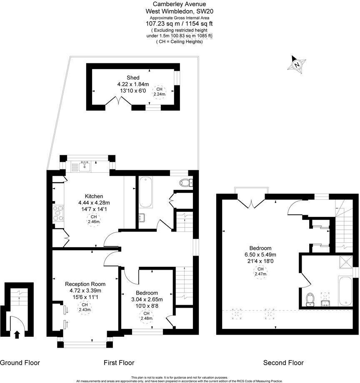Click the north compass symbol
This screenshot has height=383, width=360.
coord(297,65)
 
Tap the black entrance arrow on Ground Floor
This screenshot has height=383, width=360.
coord(17,333)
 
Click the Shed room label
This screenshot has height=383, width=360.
coord(133,77)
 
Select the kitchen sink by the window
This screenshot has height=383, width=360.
coord(85,167)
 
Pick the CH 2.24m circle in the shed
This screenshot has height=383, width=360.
coord(159,92)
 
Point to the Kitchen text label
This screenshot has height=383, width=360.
coord(94,196)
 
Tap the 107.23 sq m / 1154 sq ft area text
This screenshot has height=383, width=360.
coord(179,24)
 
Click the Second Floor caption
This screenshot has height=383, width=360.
coord(283,363)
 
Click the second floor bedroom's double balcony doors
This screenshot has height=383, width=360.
coord(252,202)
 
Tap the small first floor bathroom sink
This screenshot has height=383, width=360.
coord(142,217)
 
